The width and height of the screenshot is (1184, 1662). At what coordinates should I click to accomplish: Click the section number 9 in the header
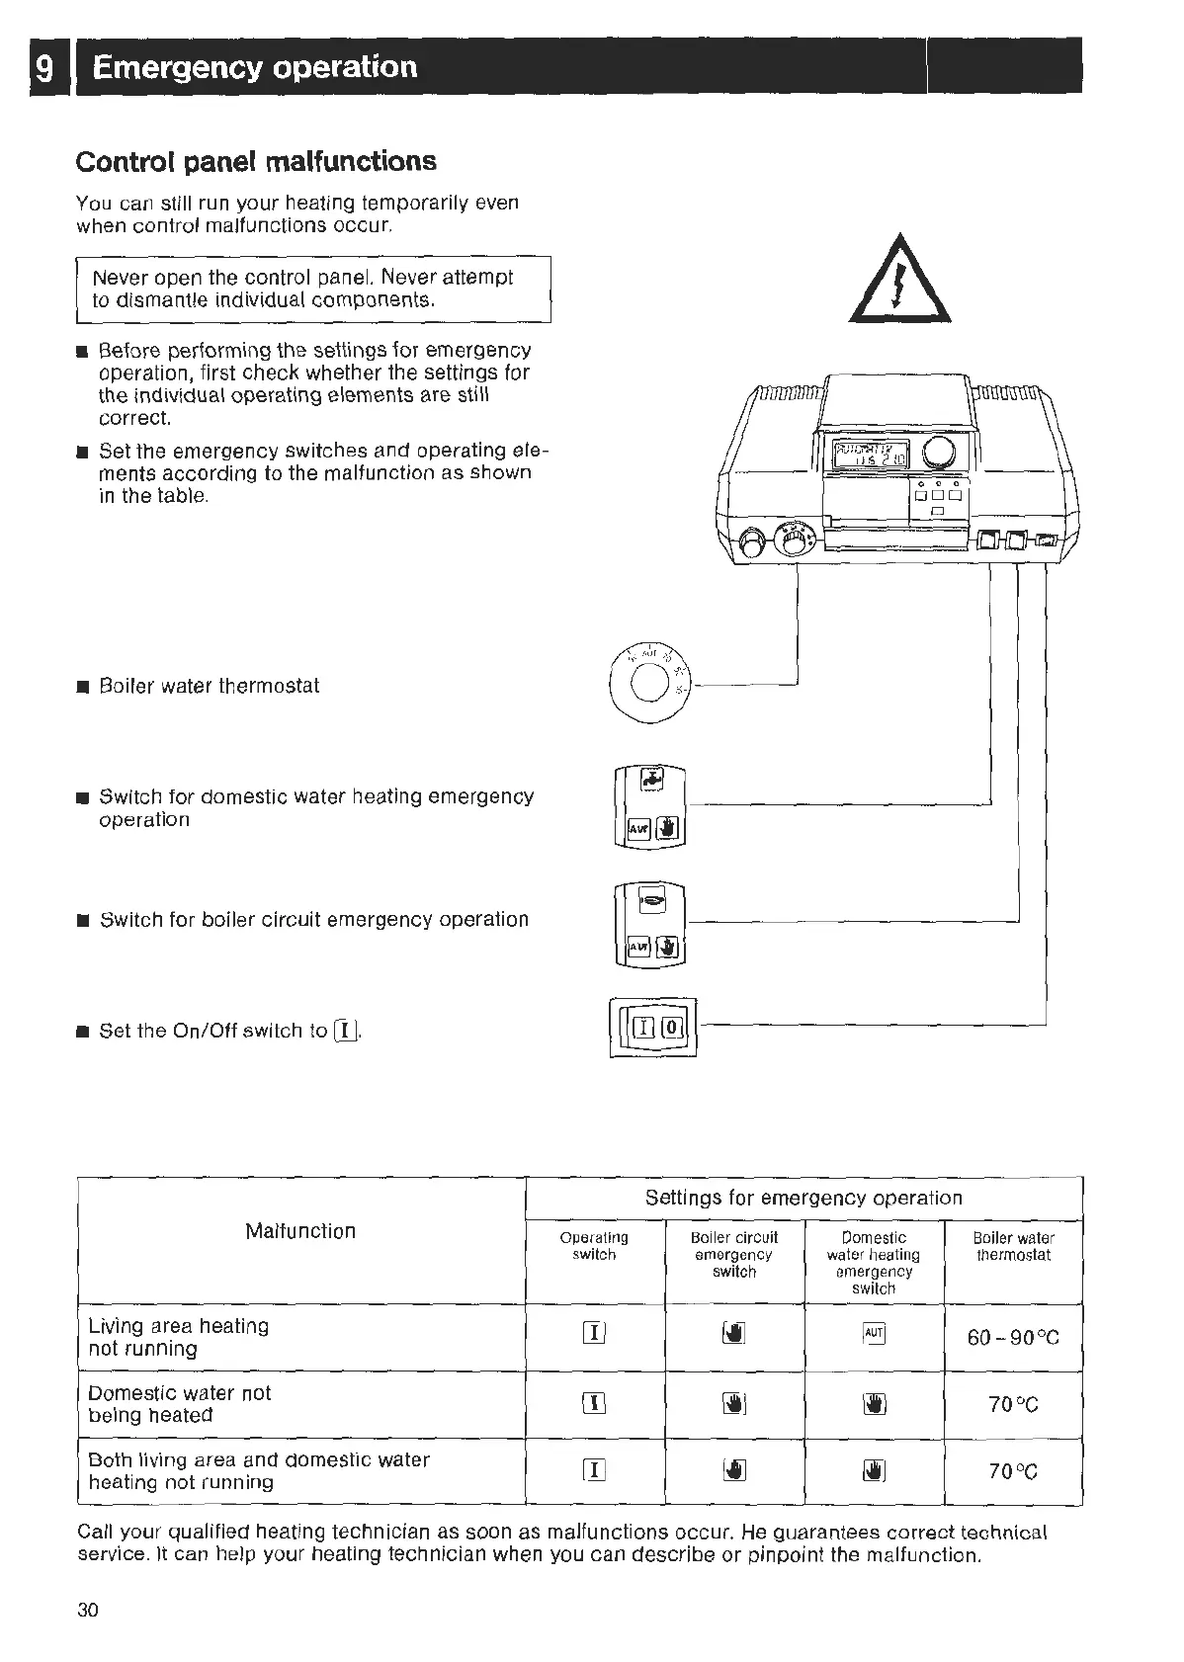tap(44, 68)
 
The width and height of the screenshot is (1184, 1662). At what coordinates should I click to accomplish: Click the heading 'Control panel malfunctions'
tap(256, 161)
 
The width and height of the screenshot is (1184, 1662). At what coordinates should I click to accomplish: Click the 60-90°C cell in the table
tap(1013, 1338)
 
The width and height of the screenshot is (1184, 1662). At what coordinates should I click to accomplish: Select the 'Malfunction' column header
tap(300, 1231)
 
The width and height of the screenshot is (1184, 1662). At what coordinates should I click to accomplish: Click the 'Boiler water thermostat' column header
tap(1013, 1246)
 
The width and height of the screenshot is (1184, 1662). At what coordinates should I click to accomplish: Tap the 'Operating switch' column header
tap(594, 1246)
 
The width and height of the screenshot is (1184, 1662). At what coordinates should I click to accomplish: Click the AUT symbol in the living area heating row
tap(874, 1335)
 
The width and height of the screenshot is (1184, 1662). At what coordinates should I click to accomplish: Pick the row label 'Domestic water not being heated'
tap(179, 1404)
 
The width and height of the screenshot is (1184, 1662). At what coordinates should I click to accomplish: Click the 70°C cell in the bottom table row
tap(1013, 1471)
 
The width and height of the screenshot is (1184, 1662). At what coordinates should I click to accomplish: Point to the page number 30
tap(88, 1610)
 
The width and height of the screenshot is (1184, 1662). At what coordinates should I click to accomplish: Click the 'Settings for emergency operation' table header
tap(803, 1199)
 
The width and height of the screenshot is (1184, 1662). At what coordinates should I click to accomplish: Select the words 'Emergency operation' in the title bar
tap(255, 67)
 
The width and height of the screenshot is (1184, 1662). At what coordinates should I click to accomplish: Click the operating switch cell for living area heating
tap(594, 1335)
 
